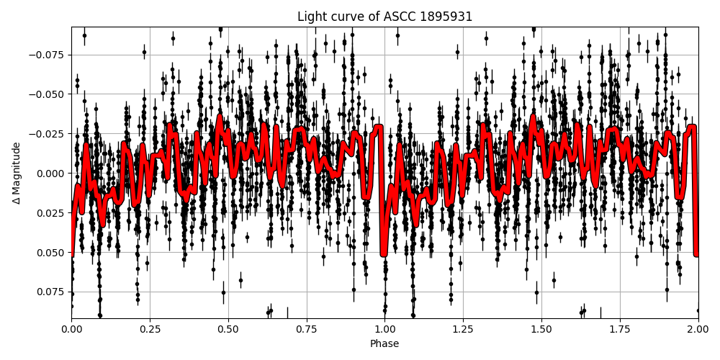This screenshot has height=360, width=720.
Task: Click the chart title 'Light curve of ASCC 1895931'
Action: pyautogui.click(x=384, y=17)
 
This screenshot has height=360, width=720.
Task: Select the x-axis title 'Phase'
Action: pyautogui.click(x=384, y=344)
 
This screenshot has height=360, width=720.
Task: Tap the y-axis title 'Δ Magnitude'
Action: pyautogui.click(x=16, y=173)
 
